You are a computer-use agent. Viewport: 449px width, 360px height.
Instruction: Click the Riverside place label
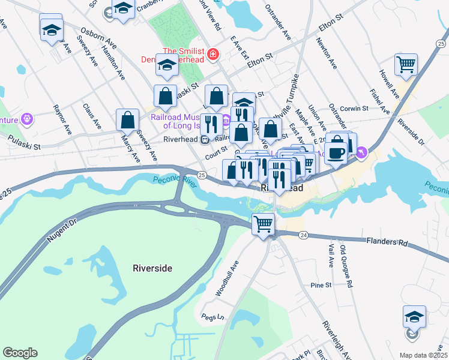pos(152,268)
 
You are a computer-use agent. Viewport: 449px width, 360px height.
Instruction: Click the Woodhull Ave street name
pos(228,277)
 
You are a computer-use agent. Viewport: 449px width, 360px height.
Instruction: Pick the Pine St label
pos(321,286)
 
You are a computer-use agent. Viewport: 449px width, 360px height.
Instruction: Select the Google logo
pos(20,352)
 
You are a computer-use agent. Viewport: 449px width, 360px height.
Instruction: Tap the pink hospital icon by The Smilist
pos(212,55)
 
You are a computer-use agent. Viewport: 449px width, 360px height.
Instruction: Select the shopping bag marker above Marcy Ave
pos(128,120)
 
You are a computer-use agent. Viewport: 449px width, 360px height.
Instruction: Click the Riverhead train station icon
pos(205,139)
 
